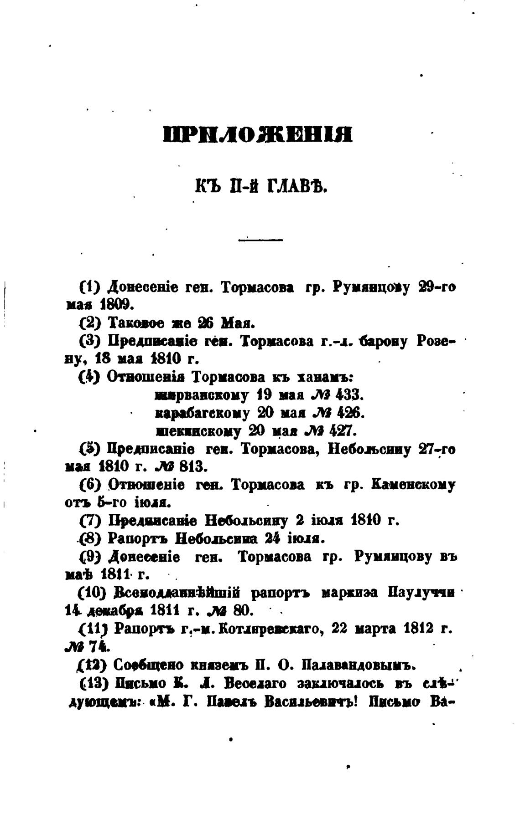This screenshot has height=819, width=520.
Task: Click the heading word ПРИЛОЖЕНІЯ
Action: pyautogui.click(x=258, y=135)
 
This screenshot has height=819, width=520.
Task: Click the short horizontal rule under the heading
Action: pyautogui.click(x=260, y=240)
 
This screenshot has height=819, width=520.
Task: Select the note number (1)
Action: pyautogui.click(x=89, y=287)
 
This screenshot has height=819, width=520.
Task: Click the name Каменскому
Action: pyautogui.click(x=414, y=485)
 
